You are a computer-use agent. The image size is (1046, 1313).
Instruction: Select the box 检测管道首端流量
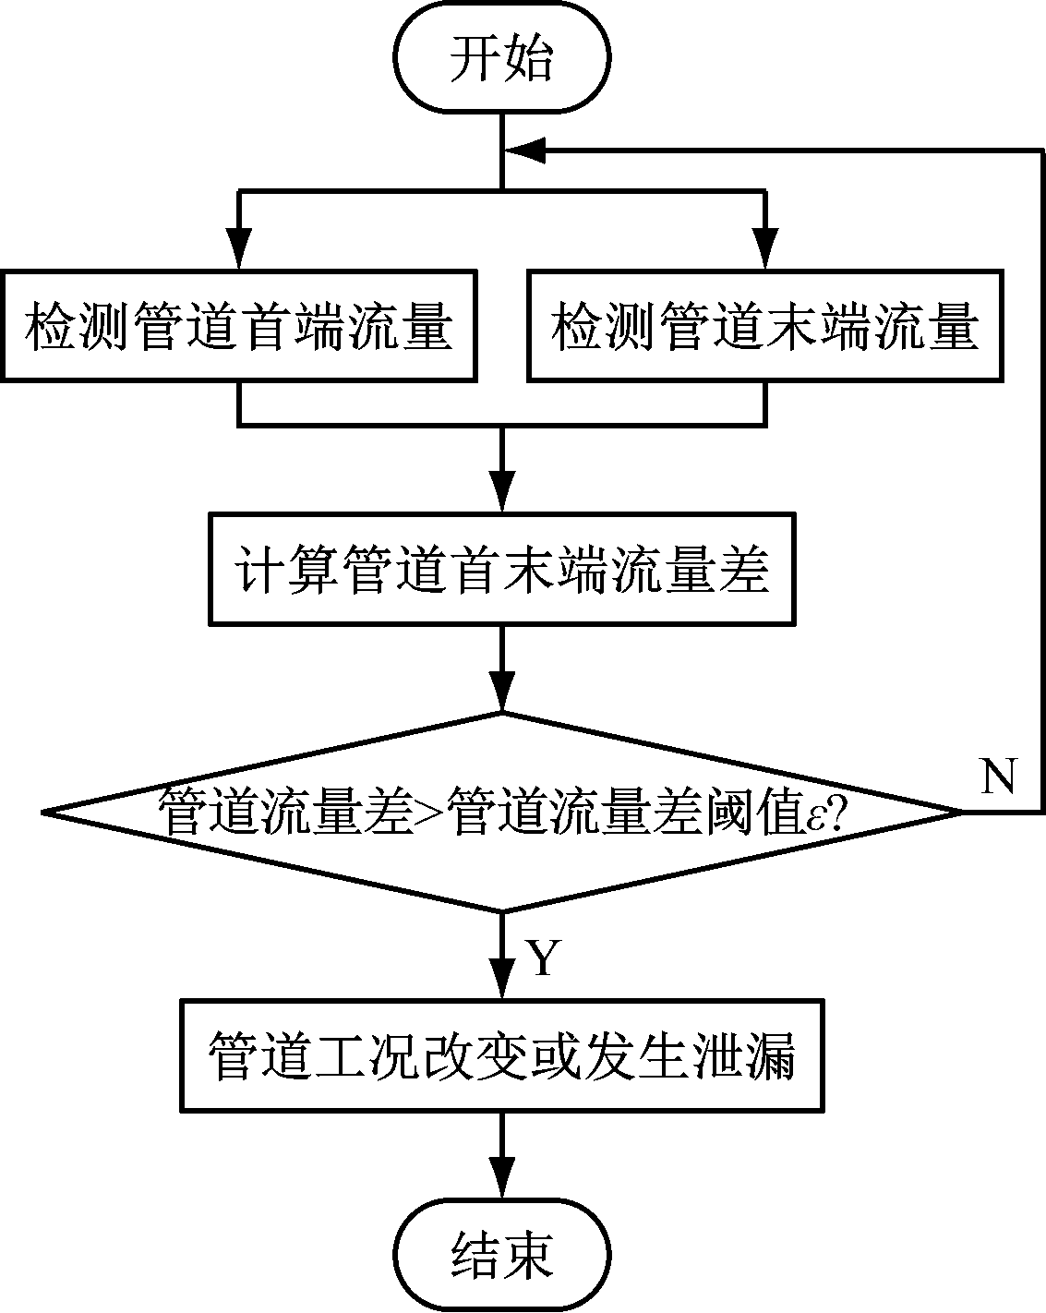coord(238,325)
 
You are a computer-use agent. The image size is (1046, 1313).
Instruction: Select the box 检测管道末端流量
coord(764,325)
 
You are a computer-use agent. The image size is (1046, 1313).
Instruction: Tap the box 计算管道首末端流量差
coord(502,570)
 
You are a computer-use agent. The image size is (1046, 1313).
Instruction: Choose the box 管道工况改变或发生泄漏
coord(502,1055)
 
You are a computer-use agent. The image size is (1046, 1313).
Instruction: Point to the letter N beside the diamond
coord(998,777)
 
